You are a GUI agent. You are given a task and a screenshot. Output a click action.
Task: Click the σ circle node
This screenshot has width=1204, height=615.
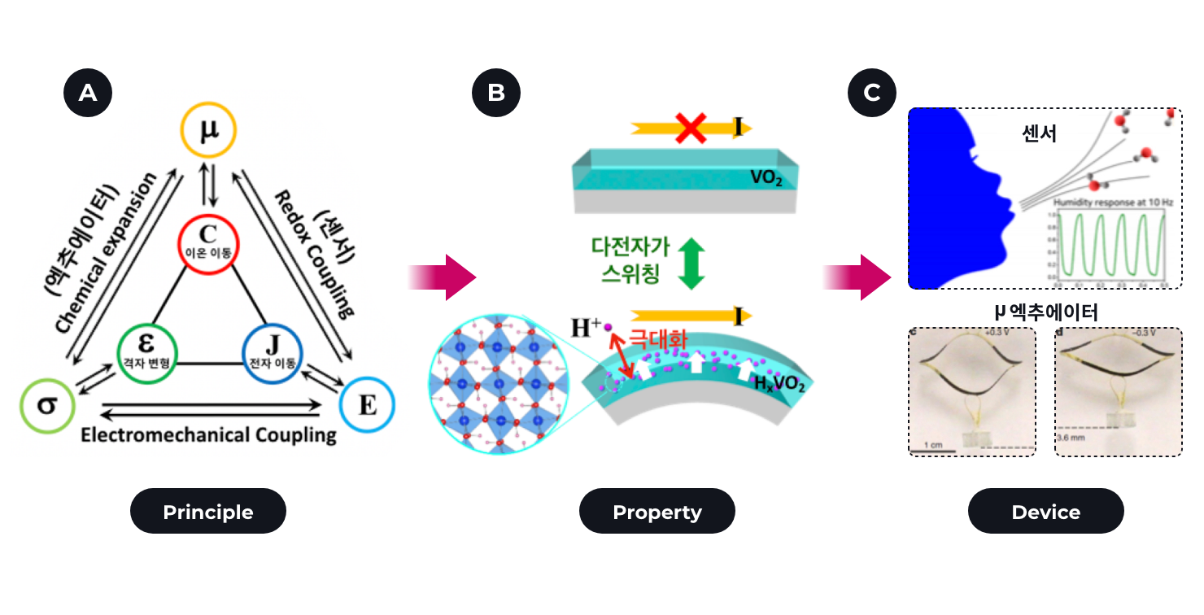[47, 403]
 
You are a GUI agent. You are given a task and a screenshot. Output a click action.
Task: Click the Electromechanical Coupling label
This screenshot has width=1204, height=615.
[208, 435]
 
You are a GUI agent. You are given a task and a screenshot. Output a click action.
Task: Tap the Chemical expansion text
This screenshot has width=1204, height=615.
[103, 253]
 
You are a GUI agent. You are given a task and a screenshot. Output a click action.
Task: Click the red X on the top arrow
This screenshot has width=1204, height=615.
[691, 128]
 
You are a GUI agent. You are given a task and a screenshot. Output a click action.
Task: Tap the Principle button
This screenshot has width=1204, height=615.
[208, 512]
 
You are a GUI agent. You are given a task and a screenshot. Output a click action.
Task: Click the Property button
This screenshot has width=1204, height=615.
[657, 512]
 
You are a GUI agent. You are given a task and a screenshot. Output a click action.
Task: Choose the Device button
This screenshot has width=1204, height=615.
[1045, 512]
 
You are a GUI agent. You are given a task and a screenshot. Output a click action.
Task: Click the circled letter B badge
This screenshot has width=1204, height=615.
[496, 93]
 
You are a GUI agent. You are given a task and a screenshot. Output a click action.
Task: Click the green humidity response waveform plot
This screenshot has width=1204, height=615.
[1109, 244]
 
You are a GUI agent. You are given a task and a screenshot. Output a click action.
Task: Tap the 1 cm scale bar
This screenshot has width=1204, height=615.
[931, 444]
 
